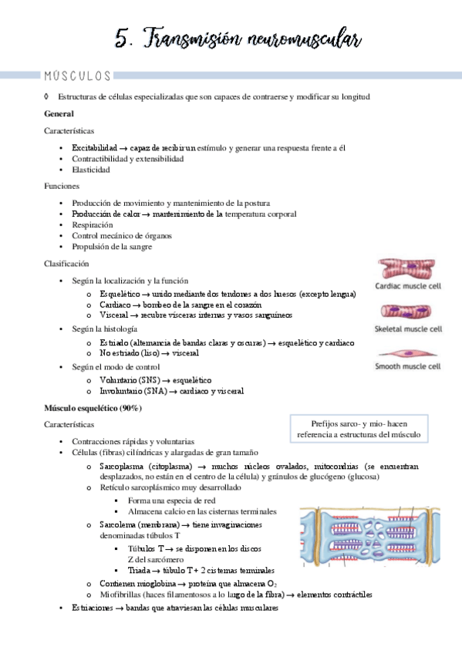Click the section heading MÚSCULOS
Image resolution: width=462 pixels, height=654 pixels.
(x=78, y=76)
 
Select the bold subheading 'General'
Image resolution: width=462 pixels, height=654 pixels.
(x=59, y=114)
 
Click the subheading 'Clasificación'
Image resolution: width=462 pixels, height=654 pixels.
(x=67, y=264)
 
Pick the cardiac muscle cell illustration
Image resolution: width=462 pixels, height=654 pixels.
(x=410, y=269)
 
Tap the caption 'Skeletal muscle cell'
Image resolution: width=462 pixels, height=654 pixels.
(x=409, y=328)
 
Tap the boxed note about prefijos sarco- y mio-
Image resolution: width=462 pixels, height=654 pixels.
(x=365, y=429)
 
